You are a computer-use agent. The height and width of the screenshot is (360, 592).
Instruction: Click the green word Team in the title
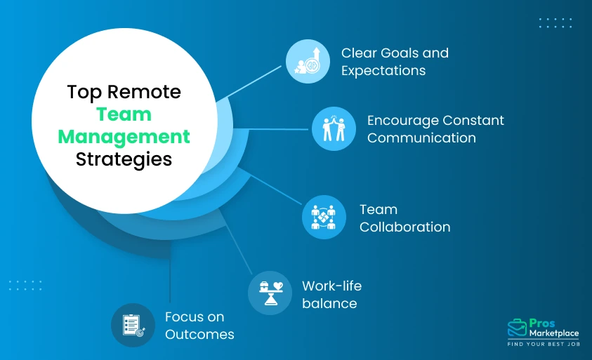[124, 114]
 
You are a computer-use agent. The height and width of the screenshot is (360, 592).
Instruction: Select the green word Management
[124, 136]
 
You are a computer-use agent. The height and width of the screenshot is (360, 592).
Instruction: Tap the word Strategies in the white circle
[124, 159]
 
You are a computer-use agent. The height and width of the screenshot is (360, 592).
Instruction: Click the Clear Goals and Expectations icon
[308, 61]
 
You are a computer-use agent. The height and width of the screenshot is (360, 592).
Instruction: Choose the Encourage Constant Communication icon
[334, 128]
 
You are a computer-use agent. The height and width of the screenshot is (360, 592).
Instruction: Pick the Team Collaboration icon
[324, 218]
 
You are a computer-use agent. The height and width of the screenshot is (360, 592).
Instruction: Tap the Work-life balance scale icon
[270, 293]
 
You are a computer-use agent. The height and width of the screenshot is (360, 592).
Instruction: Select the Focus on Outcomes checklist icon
[133, 325]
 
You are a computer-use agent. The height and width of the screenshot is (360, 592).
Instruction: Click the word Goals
[398, 53]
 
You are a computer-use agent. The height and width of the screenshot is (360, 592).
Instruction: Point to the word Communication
[421, 138]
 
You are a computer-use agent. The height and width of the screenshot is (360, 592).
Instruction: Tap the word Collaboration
[404, 227]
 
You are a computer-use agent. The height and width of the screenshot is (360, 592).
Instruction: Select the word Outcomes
[199, 335]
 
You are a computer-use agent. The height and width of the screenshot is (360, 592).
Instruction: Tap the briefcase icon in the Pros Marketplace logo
[517, 328]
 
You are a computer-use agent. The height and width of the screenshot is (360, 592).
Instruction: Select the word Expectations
[383, 71]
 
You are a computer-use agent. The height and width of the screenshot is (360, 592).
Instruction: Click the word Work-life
[331, 286]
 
